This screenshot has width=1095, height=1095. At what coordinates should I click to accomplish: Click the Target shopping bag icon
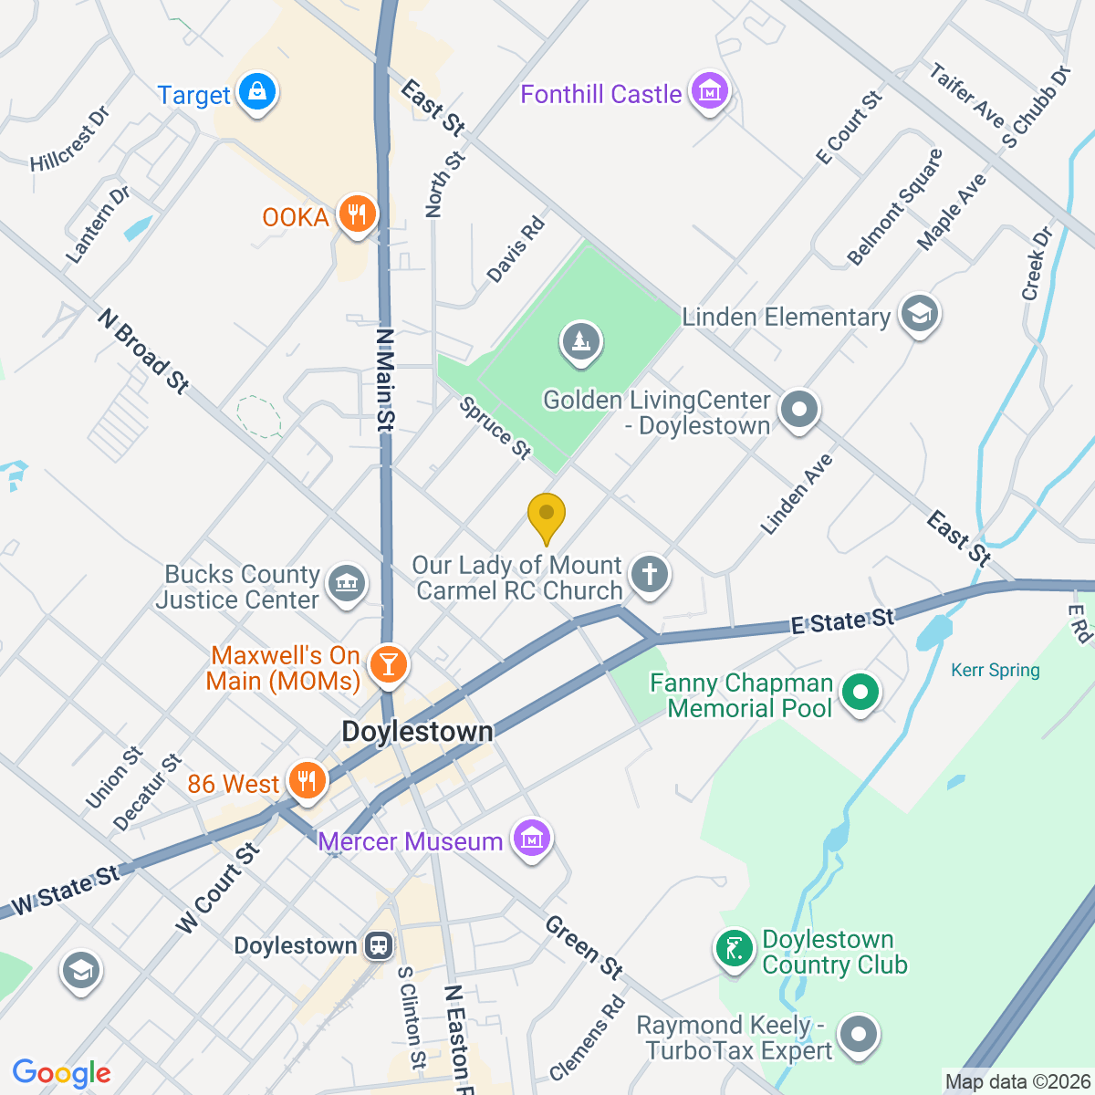[x=257, y=93]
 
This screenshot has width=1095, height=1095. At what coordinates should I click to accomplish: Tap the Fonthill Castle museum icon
[x=709, y=92]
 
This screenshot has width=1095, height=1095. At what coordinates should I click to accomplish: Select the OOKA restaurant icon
[x=357, y=215]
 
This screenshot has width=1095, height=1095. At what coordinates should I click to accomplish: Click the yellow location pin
[x=547, y=517]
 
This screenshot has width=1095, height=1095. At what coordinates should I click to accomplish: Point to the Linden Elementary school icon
[x=919, y=315]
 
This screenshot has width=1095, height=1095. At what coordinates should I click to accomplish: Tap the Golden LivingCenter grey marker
[x=799, y=410]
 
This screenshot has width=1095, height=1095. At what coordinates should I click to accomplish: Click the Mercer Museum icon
[x=532, y=838]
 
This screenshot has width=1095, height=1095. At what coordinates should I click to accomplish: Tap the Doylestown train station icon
[x=378, y=945]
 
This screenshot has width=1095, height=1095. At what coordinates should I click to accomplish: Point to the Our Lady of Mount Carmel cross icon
[x=650, y=575]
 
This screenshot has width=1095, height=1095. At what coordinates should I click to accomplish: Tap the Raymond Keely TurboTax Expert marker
[x=858, y=1036]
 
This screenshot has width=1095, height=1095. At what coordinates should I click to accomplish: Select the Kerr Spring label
[x=995, y=671]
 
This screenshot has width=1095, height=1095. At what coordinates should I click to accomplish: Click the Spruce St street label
[x=495, y=428]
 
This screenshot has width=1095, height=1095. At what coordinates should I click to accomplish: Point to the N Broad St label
[x=144, y=351]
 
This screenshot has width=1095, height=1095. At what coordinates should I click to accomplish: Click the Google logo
[x=62, y=1073]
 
